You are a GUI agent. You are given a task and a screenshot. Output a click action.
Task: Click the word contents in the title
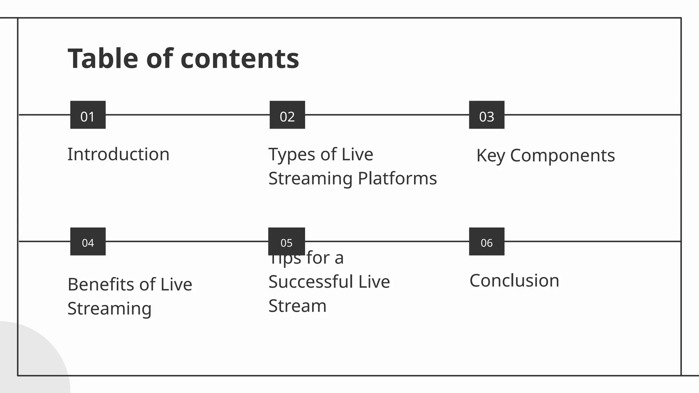click(x=240, y=59)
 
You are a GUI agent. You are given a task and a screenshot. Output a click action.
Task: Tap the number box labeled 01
click(x=88, y=115)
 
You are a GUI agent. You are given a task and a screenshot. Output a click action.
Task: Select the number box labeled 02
click(x=287, y=115)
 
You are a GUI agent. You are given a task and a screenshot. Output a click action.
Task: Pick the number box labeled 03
click(x=487, y=115)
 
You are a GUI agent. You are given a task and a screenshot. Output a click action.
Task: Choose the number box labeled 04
click(x=88, y=242)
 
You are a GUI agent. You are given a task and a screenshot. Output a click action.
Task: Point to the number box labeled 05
click(x=287, y=242)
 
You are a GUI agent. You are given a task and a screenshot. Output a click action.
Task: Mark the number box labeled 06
click(x=487, y=242)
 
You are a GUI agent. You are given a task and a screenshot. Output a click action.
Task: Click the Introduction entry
click(x=118, y=154)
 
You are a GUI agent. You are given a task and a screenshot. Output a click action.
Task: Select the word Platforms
click(x=397, y=178)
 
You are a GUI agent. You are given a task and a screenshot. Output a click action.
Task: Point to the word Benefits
click(x=101, y=285)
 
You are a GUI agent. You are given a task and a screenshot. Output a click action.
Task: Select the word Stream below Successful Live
click(x=298, y=306)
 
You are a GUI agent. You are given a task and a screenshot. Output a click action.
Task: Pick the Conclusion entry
click(x=514, y=281)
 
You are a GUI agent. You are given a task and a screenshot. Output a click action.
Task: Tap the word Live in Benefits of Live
click(x=176, y=285)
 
